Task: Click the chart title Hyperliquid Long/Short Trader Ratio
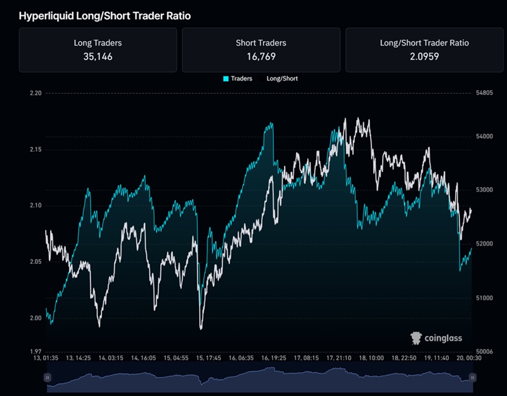tap(105, 16)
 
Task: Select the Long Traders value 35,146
tap(98, 56)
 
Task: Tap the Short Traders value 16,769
tap(260, 56)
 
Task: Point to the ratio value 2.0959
tap(424, 56)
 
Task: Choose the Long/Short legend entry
tap(282, 79)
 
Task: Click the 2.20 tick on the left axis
tap(35, 93)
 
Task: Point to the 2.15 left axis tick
tap(35, 150)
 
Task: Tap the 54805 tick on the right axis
tap(484, 93)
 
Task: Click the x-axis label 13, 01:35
tap(48, 359)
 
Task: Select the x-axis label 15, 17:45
tap(209, 359)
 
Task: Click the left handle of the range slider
tap(47, 378)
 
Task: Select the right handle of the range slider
tap(471, 378)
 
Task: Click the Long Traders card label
tap(98, 43)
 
